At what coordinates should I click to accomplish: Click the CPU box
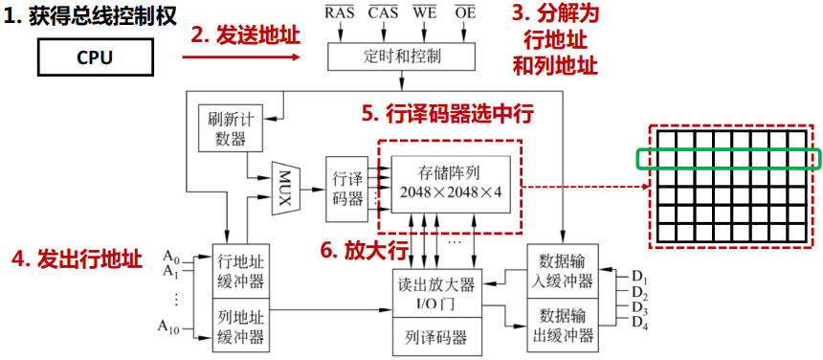pyautogui.click(x=95, y=57)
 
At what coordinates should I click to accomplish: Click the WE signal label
pyautogui.click(x=425, y=12)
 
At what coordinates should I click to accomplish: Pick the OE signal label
pyautogui.click(x=463, y=12)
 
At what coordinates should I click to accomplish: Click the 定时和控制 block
pyautogui.click(x=402, y=56)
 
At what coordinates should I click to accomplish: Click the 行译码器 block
pyautogui.click(x=345, y=188)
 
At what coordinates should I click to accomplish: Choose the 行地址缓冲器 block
pyautogui.click(x=240, y=272)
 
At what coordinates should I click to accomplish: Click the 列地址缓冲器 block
pyautogui.click(x=240, y=325)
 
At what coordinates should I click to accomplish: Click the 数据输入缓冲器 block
pyautogui.click(x=561, y=272)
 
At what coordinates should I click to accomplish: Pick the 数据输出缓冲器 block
pyautogui.click(x=561, y=325)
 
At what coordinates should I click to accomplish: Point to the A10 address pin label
pyautogui.click(x=170, y=330)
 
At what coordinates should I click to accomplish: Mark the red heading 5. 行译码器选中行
pyautogui.click(x=447, y=112)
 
